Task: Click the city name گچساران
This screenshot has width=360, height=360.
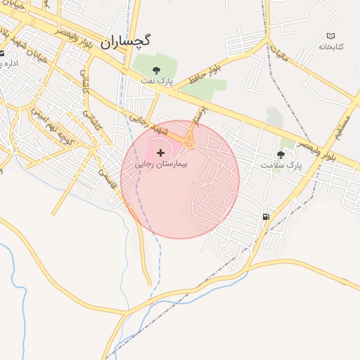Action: [126, 41]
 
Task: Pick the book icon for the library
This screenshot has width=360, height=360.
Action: [331, 35]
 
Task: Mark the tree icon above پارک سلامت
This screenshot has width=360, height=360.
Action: [281, 154]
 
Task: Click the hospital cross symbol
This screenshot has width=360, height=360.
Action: [161, 152]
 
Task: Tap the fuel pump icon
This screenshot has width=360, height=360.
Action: [266, 217]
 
